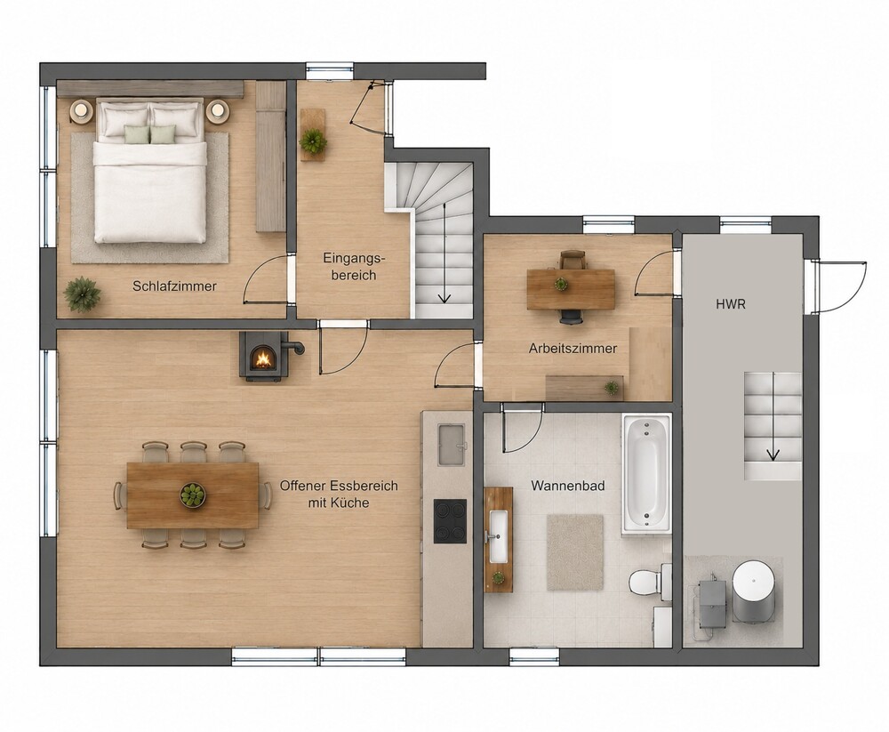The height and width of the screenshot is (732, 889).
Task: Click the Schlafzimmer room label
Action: (174, 286)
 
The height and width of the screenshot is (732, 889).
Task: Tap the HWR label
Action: (730, 304)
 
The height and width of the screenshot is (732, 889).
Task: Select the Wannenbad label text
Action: (567, 486)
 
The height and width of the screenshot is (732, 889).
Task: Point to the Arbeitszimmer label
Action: (573, 349)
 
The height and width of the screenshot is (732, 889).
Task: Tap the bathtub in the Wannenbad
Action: (646, 474)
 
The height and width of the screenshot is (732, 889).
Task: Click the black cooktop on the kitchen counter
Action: (450, 521)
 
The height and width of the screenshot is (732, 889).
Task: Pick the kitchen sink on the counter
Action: (452, 445)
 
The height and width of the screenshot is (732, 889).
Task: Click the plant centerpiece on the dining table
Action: (193, 495)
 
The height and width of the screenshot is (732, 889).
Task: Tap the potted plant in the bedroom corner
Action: (83, 294)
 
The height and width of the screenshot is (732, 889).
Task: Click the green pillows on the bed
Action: (150, 134)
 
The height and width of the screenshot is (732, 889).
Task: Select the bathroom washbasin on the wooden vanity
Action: (499, 536)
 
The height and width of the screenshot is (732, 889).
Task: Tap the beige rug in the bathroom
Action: (575, 553)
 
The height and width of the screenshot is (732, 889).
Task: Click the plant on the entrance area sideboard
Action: (313, 141)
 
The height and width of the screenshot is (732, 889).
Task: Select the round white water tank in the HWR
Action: (754, 591)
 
